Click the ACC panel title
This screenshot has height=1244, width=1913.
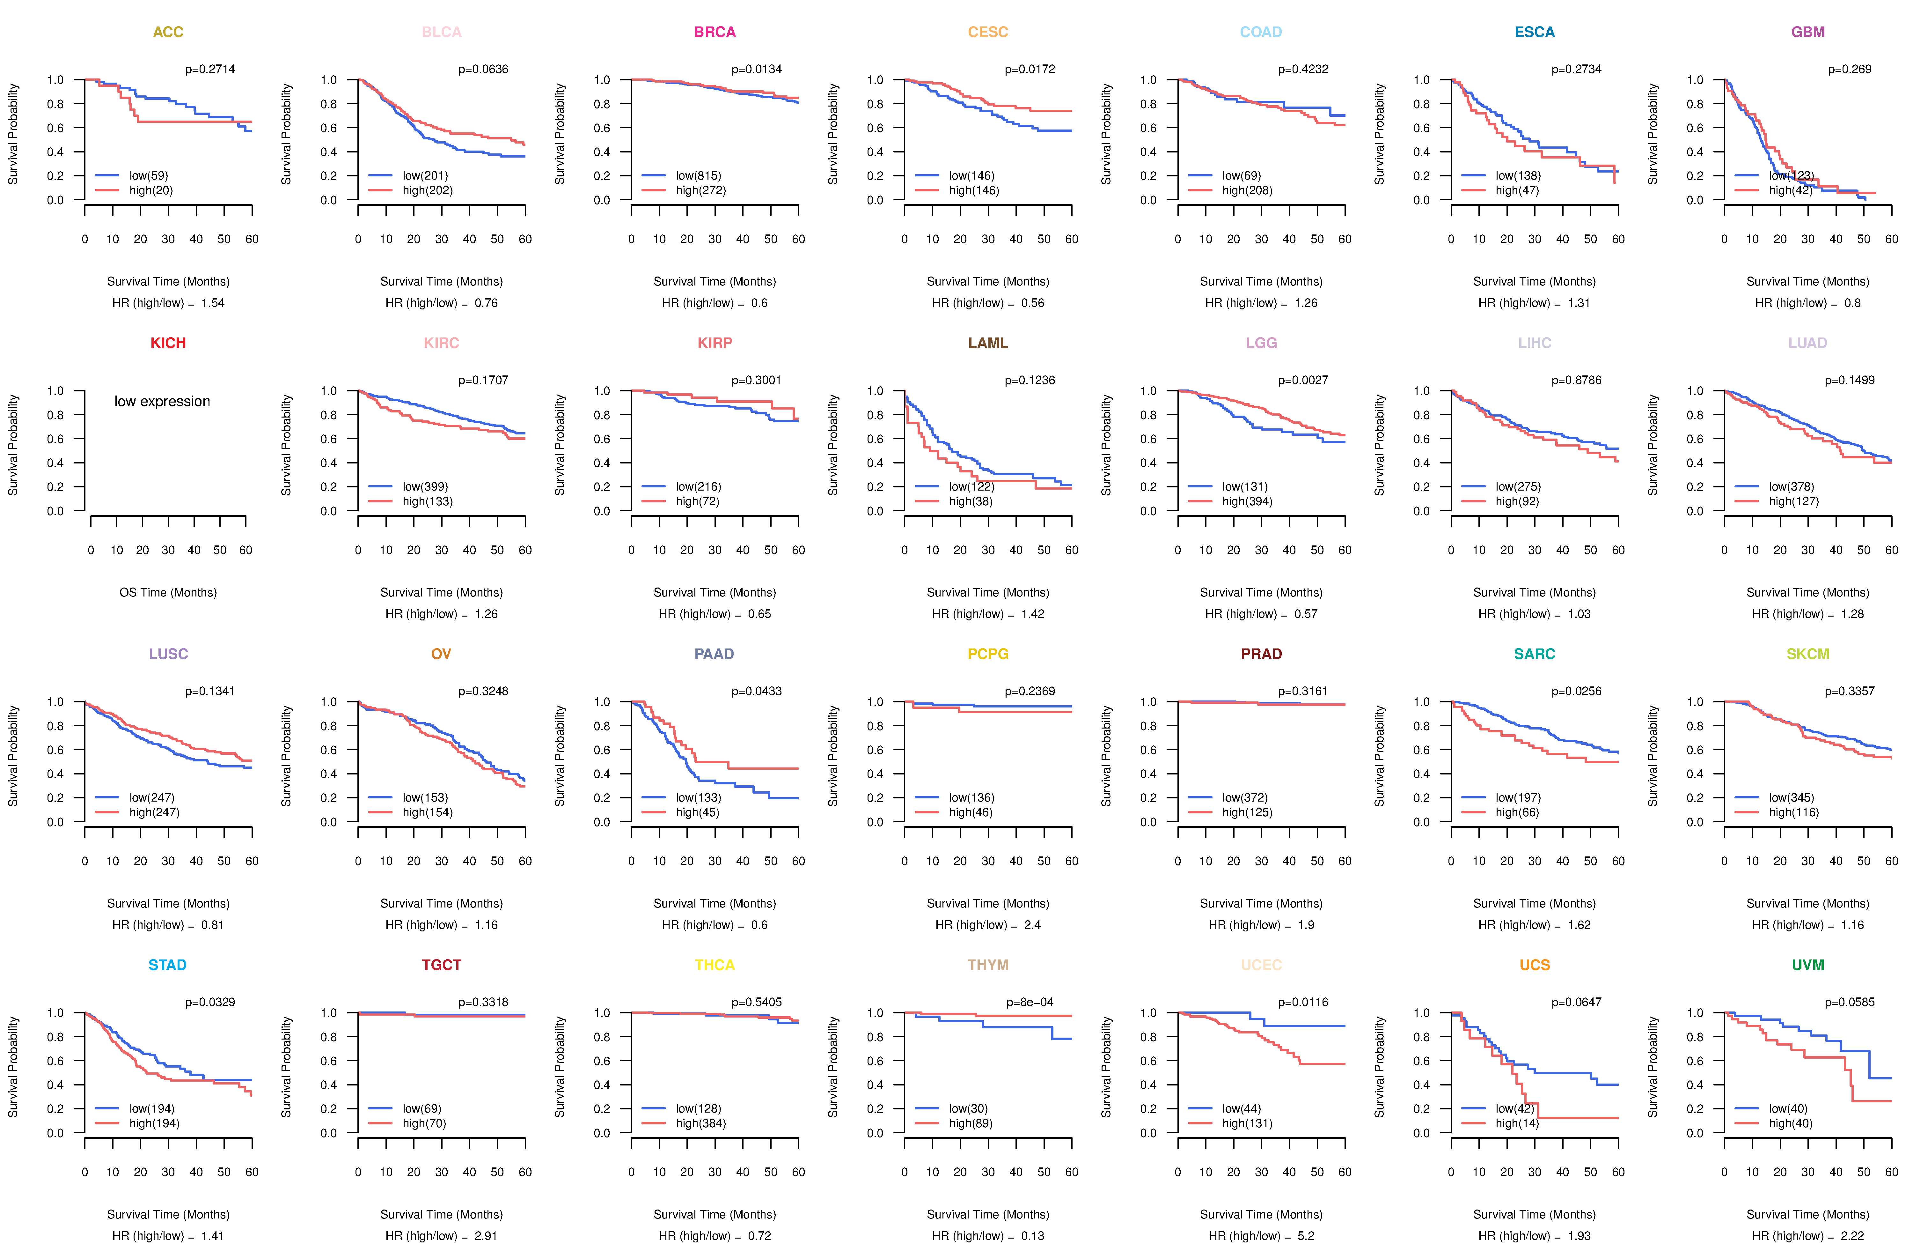168,32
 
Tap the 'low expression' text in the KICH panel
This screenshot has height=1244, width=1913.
162,401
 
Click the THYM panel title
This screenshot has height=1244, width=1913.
988,965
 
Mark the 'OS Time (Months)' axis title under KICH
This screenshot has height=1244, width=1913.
168,593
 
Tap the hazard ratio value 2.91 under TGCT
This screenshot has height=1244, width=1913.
486,1236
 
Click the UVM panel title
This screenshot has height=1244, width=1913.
1808,965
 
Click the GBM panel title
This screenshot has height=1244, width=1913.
1808,32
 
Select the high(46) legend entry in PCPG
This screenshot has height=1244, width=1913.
971,812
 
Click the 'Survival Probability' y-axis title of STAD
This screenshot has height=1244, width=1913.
13,1067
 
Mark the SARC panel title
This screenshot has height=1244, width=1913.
1535,654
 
